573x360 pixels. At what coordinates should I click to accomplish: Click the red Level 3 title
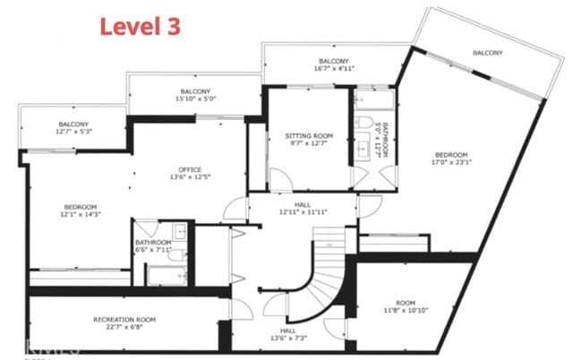coord(140,26)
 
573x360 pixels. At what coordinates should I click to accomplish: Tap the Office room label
coord(189,169)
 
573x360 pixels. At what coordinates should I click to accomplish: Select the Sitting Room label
coord(309,136)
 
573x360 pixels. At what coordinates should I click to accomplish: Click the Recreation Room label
coord(124,320)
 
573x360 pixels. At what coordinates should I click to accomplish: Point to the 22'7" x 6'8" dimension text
coord(124,328)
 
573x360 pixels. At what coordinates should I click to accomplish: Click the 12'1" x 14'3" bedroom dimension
coord(78,215)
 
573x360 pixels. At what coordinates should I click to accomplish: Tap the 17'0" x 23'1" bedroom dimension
coord(452,163)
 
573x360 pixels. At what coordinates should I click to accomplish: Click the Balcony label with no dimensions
coord(488,53)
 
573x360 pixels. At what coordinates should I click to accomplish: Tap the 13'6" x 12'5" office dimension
coord(189,177)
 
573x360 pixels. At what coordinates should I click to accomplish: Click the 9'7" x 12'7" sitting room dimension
coord(309,144)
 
